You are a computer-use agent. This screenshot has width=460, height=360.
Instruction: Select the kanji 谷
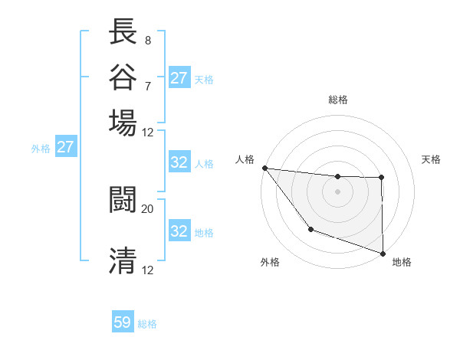click(123, 76)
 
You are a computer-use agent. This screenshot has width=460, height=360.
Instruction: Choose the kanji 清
click(123, 261)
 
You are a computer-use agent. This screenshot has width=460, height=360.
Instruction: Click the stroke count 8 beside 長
click(147, 40)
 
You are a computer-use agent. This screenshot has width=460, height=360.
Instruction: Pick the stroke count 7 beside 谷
click(147, 85)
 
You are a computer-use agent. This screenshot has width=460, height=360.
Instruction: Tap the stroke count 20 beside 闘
click(148, 208)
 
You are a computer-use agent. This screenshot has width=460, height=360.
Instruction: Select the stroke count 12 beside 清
click(148, 270)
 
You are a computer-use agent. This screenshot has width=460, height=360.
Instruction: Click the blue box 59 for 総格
click(123, 322)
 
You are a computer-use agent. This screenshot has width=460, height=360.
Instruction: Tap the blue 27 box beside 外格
click(65, 147)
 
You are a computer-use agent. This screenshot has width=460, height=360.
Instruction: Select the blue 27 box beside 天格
click(179, 78)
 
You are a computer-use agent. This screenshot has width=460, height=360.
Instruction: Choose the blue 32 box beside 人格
click(179, 162)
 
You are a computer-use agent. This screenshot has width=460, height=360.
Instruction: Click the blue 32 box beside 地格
click(179, 231)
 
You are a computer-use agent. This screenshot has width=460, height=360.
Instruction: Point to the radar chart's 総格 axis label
click(337, 100)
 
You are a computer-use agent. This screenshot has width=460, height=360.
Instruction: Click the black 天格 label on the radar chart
click(431, 159)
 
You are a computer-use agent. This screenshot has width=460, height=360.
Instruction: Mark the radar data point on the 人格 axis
click(264, 168)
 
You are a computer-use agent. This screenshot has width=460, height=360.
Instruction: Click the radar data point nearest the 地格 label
click(382, 252)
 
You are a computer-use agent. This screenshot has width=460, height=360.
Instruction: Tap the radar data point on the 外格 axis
click(310, 228)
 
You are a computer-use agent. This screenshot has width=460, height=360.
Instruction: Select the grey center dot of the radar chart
click(337, 191)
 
